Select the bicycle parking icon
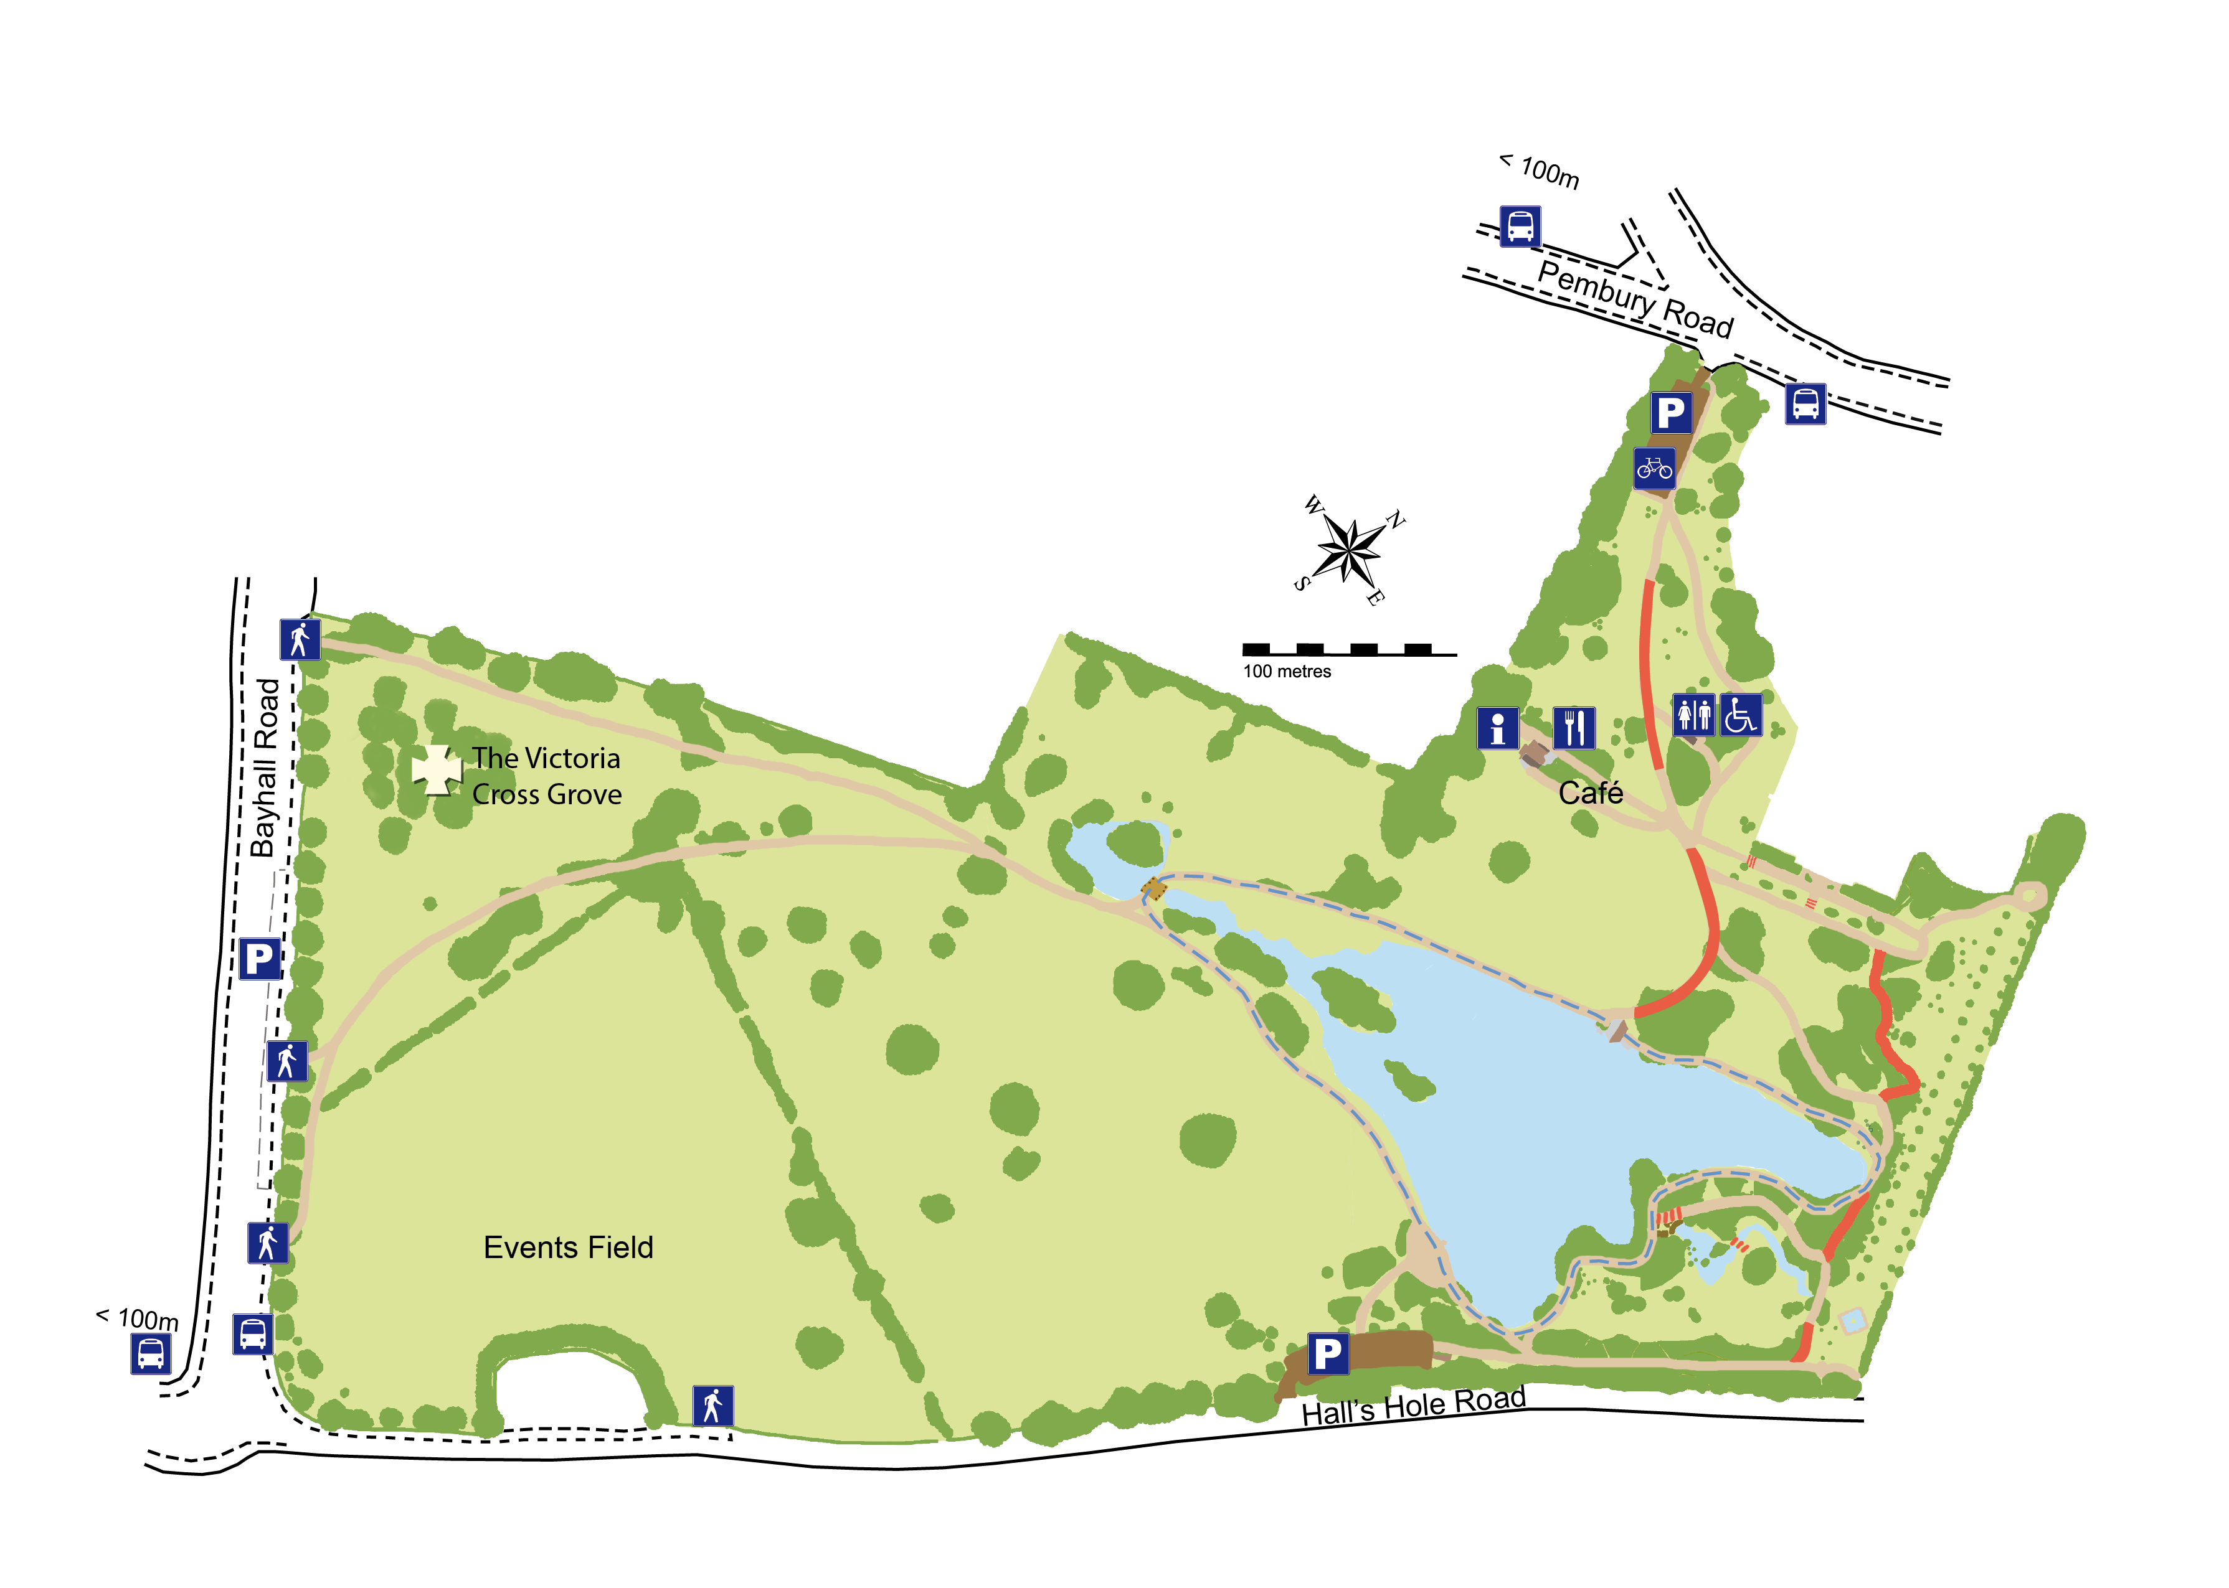coord(1654,469)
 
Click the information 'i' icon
coord(1497,728)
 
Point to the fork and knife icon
coord(1574,728)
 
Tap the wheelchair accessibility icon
coord(1740,715)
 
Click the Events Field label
coord(568,1247)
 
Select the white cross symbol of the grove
coord(436,771)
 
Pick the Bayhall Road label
coord(265,768)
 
